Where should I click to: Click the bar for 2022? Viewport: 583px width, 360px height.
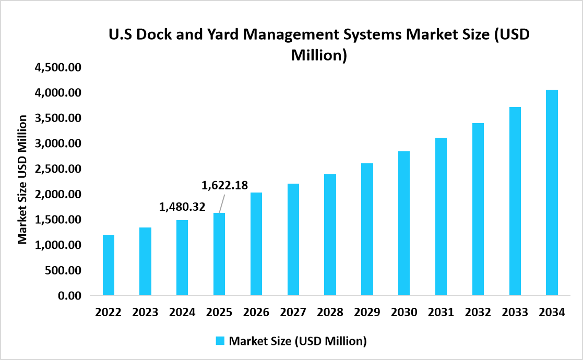tap(108, 265)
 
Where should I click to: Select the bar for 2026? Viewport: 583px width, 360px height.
tap(256, 244)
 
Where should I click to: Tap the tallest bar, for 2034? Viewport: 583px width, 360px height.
tap(552, 193)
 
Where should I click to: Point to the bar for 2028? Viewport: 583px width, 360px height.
tap(330, 235)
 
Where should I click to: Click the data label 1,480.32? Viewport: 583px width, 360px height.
tap(182, 208)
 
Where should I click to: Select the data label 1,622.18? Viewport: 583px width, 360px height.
tap(224, 185)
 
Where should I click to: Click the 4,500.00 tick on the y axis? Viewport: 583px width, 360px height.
tap(58, 67)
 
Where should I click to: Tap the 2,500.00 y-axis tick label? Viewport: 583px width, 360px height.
tap(58, 169)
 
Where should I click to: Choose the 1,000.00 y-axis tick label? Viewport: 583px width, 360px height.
tap(58, 245)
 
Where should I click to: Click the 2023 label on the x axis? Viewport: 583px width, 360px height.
tap(145, 313)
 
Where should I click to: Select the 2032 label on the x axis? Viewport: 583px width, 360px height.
tap(478, 313)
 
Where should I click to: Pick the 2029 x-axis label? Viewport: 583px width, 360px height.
tap(367, 313)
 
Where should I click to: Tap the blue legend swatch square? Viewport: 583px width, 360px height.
tap(220, 341)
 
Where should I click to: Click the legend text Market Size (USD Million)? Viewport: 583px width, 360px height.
tap(298, 341)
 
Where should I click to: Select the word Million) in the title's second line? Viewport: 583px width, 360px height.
tap(318, 55)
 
